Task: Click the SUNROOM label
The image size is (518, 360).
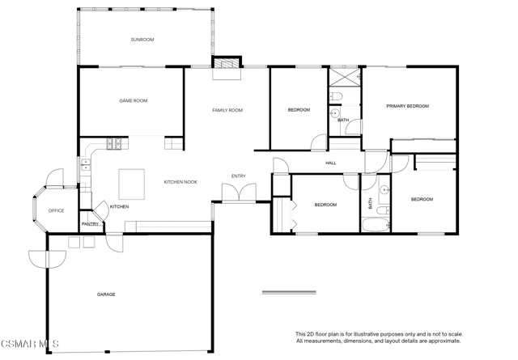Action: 142,40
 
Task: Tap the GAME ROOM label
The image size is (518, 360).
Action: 133,101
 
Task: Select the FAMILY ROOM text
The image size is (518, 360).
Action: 227,110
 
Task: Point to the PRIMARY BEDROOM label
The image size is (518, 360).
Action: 408,106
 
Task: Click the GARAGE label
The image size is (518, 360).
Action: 106,294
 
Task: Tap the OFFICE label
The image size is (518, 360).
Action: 56,210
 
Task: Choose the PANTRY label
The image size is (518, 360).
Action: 90,224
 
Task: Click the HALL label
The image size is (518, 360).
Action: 331,163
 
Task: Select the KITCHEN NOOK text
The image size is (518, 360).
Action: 180,182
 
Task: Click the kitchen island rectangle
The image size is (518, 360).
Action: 131,184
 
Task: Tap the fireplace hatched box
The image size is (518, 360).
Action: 227,63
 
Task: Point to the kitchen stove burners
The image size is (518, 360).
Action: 113,144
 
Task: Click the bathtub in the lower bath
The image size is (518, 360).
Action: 376,225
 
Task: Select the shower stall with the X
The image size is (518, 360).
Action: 345,78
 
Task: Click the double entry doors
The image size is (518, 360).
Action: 239,193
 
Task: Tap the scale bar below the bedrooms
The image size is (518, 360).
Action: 289,292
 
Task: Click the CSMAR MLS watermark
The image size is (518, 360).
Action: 30,344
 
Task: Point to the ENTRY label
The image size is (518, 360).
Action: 239,176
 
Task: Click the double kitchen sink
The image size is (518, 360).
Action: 86,165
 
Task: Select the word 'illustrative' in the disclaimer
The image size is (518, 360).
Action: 367,335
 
